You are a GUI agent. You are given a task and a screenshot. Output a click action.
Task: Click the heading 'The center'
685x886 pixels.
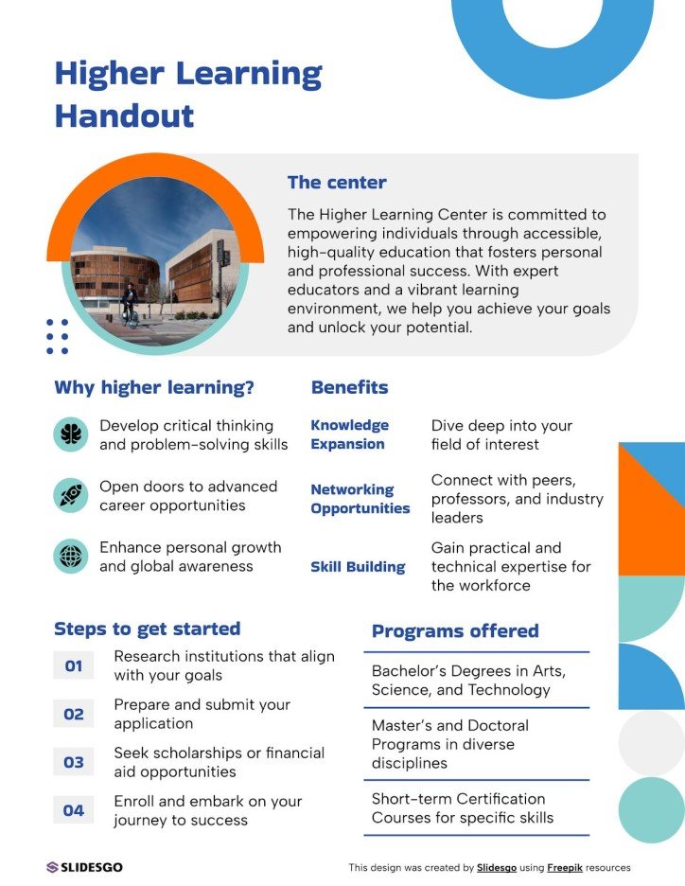(337, 183)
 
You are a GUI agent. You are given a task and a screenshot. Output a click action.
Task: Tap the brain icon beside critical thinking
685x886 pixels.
(71, 434)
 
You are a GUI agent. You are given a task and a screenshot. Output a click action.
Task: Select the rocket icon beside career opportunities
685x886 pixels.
(71, 495)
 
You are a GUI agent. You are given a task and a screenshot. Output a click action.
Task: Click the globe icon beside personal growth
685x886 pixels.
(71, 557)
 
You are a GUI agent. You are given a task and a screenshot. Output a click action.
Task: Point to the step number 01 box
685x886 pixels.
(74, 666)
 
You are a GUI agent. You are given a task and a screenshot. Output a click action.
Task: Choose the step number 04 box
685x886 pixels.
(74, 810)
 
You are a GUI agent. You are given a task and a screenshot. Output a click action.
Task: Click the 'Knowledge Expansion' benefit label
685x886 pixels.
(349, 434)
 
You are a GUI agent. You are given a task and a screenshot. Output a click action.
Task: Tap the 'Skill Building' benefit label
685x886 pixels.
(358, 567)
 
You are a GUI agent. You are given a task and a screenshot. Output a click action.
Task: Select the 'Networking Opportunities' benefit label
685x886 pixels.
(360, 499)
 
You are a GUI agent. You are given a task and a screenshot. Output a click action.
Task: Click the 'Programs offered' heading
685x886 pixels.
(455, 631)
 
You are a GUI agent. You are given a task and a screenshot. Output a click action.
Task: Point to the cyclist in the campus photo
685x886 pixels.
(129, 305)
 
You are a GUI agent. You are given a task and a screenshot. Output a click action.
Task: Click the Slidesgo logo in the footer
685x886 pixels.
(85, 867)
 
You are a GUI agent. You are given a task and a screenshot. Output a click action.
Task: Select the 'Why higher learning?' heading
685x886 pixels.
(154, 387)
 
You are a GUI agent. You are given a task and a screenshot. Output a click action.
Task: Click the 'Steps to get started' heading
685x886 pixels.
(148, 629)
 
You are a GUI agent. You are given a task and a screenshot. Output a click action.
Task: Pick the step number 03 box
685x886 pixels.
(74, 763)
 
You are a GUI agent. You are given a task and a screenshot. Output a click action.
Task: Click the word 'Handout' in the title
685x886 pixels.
(124, 116)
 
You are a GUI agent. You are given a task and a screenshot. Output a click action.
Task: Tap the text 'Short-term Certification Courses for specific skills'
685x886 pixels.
(463, 808)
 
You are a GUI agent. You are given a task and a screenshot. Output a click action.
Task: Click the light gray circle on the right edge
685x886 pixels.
(652, 743)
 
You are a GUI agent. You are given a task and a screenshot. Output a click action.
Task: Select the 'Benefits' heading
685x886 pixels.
(349, 387)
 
